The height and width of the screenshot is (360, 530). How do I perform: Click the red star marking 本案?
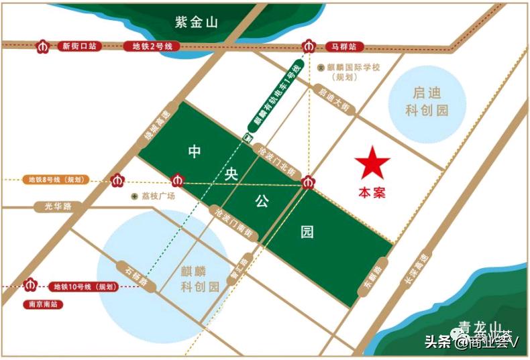tap(372, 163)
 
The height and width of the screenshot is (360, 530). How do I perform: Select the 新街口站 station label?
tap(79, 46)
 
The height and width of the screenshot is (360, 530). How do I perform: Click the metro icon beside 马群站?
tap(308, 46)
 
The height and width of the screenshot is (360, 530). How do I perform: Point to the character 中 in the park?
tap(194, 152)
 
